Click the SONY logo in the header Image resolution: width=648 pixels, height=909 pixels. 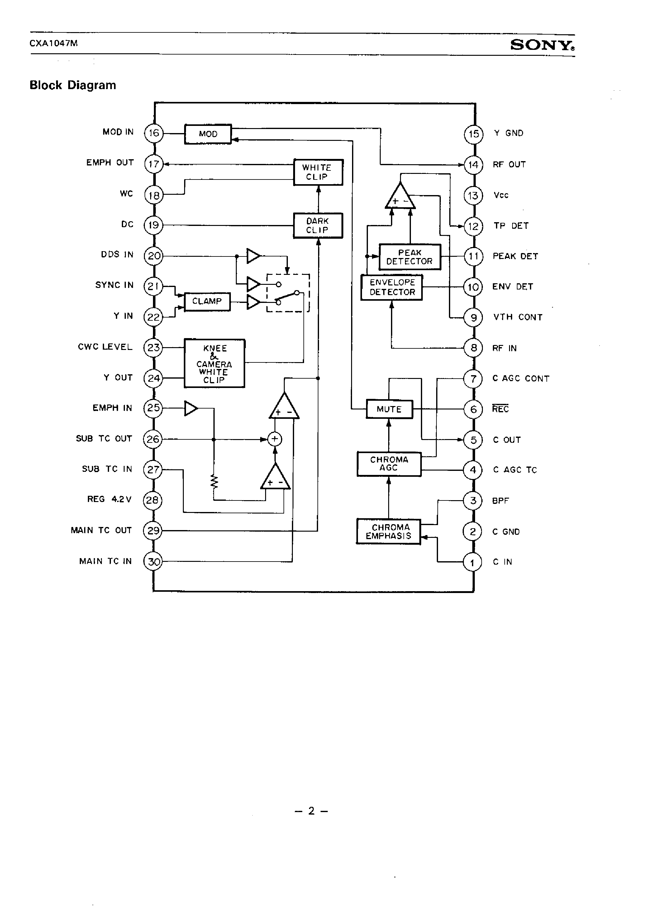pyautogui.click(x=542, y=45)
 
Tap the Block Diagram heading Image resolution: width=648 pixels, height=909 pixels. pyautogui.click(x=73, y=85)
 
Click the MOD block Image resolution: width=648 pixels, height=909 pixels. pyautogui.click(x=208, y=134)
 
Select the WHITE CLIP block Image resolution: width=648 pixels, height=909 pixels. pyautogui.click(x=318, y=172)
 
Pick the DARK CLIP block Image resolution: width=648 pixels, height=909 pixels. pyautogui.click(x=318, y=225)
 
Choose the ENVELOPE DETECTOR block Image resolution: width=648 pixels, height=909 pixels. pyautogui.click(x=392, y=287)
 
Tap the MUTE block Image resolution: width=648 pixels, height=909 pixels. pyautogui.click(x=389, y=409)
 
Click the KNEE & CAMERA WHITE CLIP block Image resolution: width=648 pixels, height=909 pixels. pyautogui.click(x=214, y=363)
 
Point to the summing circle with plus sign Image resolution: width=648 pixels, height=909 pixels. pyautogui.click(x=274, y=439)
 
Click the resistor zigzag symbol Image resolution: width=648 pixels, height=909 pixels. pyautogui.click(x=214, y=482)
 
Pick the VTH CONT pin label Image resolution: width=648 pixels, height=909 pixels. pyautogui.click(x=517, y=317)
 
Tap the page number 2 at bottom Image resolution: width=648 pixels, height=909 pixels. pyautogui.click(x=312, y=811)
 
